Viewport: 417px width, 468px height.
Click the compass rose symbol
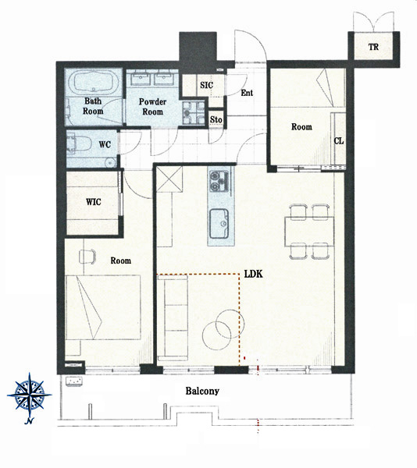tap(29, 395)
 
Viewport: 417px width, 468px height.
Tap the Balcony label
tap(202, 391)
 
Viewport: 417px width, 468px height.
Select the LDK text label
tap(254, 274)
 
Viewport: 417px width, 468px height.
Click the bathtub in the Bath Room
tap(94, 83)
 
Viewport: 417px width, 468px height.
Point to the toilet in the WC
tap(79, 144)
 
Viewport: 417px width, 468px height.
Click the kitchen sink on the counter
tap(219, 224)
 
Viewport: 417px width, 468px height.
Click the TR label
tap(373, 47)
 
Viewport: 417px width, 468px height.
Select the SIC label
tap(206, 85)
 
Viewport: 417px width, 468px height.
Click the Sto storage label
tap(216, 119)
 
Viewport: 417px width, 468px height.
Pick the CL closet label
tap(339, 140)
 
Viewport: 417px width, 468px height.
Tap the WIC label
tap(93, 202)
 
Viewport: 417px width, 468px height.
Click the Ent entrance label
tap(247, 93)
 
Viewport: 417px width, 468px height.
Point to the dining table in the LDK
tap(309, 232)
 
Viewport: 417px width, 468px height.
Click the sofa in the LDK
tap(173, 318)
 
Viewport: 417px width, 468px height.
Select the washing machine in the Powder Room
tap(194, 112)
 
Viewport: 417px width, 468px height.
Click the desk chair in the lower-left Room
tap(87, 257)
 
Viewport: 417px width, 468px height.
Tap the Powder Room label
tap(152, 107)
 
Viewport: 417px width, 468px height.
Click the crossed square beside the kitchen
tap(169, 179)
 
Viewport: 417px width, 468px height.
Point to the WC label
tap(105, 144)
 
